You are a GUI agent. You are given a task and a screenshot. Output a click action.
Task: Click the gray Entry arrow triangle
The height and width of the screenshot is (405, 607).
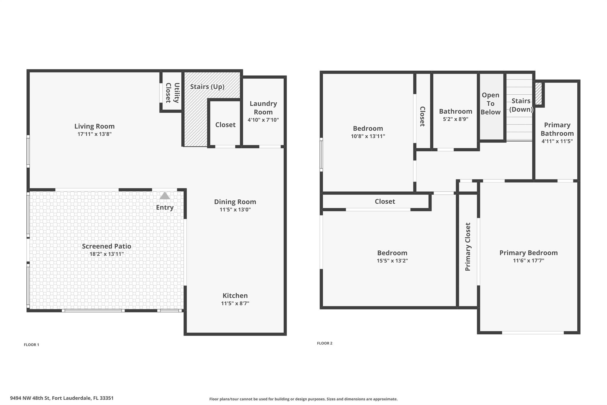coord(165,196)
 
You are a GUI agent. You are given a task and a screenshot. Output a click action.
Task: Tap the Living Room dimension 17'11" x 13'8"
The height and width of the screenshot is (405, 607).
coord(95,134)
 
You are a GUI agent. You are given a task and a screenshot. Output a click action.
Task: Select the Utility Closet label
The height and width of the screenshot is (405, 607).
coord(172,93)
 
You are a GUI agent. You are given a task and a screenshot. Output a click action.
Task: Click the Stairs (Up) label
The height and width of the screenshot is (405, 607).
coord(207,87)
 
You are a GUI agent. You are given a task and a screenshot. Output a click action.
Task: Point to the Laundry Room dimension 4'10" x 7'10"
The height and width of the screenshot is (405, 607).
coord(263,120)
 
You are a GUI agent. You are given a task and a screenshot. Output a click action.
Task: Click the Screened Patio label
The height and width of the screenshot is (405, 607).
coord(106,246)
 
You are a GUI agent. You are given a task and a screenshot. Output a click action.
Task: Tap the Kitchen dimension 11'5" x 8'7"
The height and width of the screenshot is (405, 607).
coord(235,303)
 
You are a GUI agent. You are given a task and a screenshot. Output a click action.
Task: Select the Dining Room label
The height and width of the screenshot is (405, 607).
coord(235,202)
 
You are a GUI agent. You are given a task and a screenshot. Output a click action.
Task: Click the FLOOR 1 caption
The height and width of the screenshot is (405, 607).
coord(31,345)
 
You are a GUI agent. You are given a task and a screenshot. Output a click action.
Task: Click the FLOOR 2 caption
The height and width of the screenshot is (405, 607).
coord(325,343)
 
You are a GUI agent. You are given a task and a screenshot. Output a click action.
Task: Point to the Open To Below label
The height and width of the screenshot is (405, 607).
coord(491,104)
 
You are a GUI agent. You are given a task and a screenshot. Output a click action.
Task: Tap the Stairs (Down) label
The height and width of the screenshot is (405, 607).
coord(521,105)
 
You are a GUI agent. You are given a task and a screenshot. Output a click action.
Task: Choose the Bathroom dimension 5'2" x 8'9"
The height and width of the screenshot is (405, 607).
coord(456,119)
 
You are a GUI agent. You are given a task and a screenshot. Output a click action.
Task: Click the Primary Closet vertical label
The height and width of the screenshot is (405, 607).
coord(468,247)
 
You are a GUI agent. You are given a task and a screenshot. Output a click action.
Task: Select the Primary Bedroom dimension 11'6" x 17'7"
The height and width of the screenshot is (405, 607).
coord(528,261)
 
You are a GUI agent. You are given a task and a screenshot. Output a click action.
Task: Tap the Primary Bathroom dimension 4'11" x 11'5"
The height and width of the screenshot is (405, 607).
coord(557,141)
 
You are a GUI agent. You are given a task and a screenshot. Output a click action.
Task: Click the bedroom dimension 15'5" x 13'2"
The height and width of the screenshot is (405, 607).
coord(392,261)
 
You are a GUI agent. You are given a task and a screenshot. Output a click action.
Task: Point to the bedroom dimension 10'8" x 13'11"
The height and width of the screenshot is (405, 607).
coord(368,136)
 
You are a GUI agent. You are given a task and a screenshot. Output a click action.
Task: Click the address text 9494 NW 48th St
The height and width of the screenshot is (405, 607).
coord(30,398)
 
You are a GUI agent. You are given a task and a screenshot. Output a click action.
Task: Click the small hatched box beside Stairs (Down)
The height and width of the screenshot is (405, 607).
coord(539,93)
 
